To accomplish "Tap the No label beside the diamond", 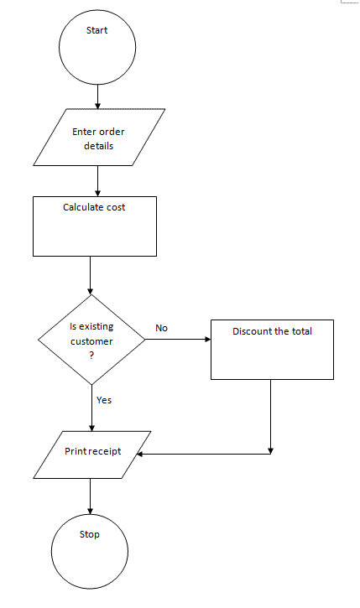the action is click(161, 328).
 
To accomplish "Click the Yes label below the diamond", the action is click(104, 400).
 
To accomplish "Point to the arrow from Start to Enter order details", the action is click(97, 96).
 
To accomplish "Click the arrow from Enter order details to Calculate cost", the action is click(97, 181).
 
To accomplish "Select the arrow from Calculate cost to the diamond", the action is click(91, 275).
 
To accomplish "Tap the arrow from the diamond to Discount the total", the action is click(178, 340).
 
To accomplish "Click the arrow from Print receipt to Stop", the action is click(91, 496).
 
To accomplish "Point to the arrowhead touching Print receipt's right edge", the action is click(139, 454).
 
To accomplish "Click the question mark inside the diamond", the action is click(91, 356).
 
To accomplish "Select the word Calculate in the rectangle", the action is click(83, 207).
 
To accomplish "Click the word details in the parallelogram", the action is click(98, 146).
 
